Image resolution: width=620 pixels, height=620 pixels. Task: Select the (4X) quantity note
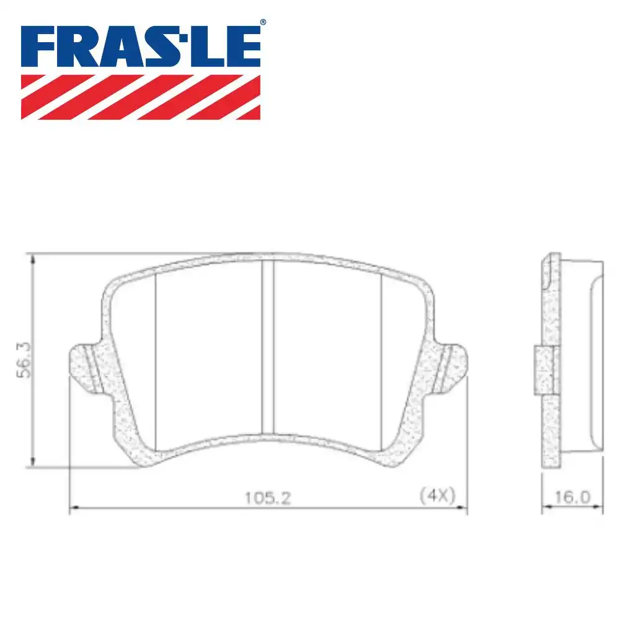[438, 495]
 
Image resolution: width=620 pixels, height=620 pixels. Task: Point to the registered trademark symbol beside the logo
[263, 22]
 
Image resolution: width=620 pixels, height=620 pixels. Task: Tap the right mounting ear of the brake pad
[452, 366]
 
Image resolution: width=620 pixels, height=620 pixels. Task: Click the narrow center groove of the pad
[268, 347]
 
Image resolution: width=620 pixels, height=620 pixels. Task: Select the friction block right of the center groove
[327, 353]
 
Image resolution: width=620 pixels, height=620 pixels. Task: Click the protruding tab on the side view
[542, 370]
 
